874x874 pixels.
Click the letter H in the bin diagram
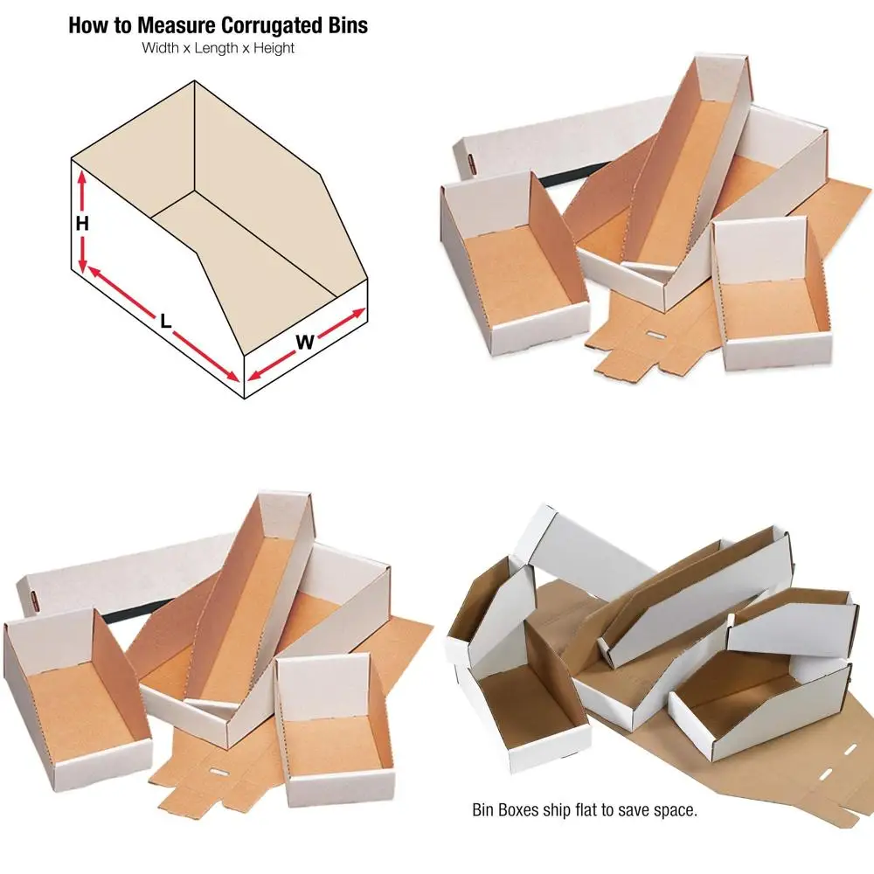pos(82,224)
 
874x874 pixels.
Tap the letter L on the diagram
pos(165,321)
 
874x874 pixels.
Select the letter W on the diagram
pos(303,343)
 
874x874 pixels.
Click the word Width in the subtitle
pos(160,49)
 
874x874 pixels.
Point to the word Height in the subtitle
pos(272,49)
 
